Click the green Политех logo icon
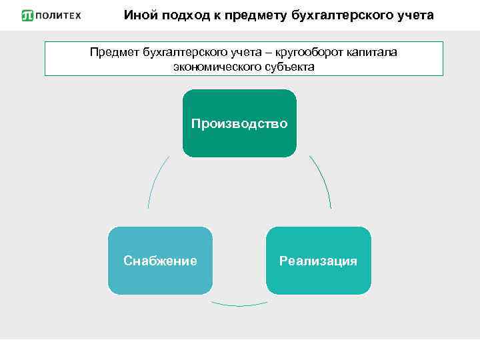point(27,15)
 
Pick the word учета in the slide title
point(411,14)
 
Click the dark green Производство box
point(239,123)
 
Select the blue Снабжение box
point(160,261)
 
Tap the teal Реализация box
point(318,261)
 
